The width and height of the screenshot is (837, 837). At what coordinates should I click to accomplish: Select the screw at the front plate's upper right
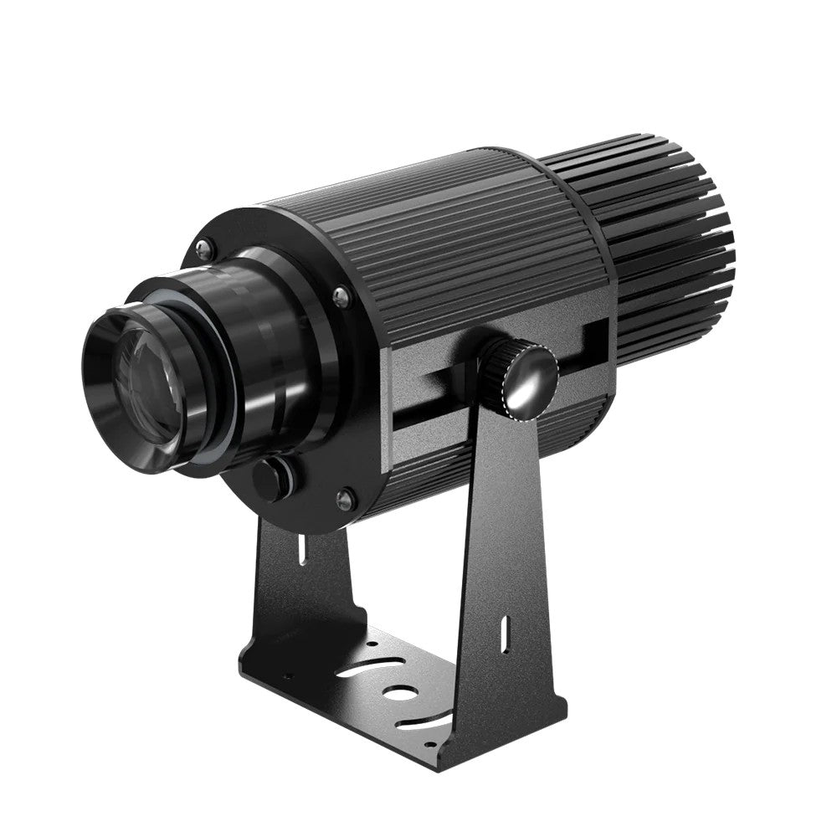(x=340, y=295)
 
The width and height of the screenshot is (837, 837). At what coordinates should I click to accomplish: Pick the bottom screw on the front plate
(x=343, y=500)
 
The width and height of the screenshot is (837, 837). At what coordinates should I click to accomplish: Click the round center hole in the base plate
(x=400, y=694)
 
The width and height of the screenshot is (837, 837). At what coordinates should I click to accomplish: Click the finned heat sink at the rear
(x=670, y=243)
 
